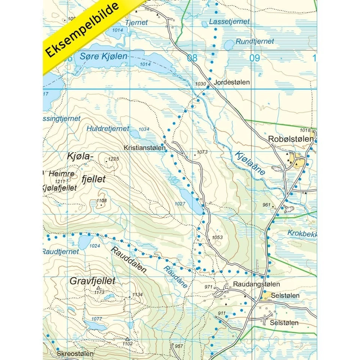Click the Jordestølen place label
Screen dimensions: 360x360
(x=232, y=82)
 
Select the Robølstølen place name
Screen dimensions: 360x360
(x=291, y=139)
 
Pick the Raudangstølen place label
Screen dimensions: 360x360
(x=256, y=285)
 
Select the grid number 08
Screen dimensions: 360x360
(x=192, y=58)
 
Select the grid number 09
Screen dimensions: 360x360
(x=255, y=58)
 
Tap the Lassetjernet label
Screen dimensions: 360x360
(x=229, y=21)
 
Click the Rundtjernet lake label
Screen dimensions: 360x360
(x=255, y=42)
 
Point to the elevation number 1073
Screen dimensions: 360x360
(x=202, y=152)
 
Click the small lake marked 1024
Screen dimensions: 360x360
(x=85, y=239)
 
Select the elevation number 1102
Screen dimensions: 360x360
(x=127, y=343)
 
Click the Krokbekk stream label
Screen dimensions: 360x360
(x=302, y=233)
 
